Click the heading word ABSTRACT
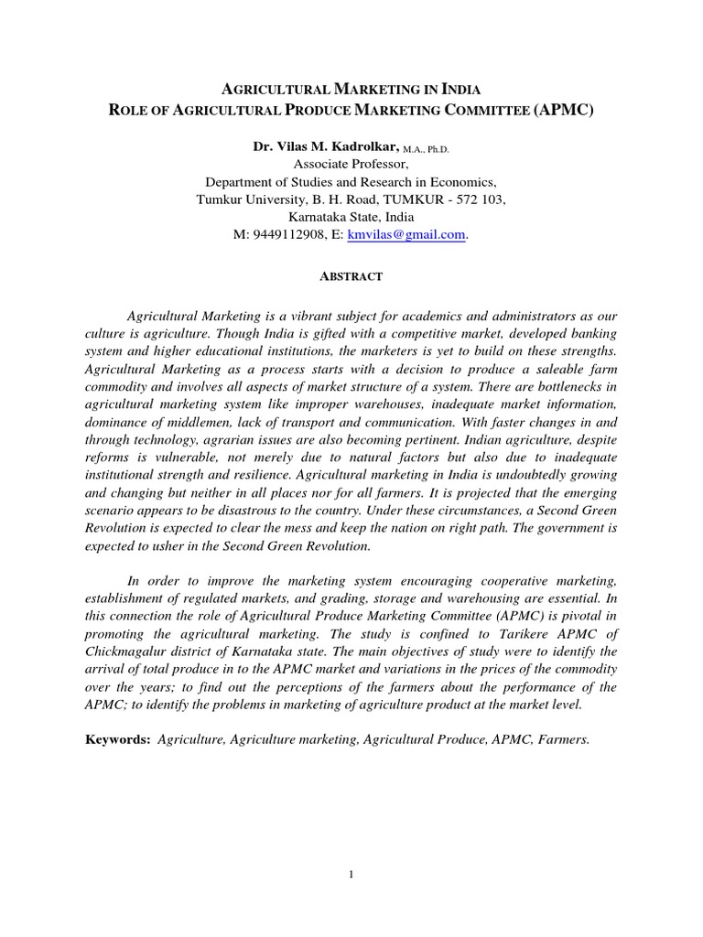351,275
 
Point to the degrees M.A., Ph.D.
424,149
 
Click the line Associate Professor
351,165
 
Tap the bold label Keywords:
117,739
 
